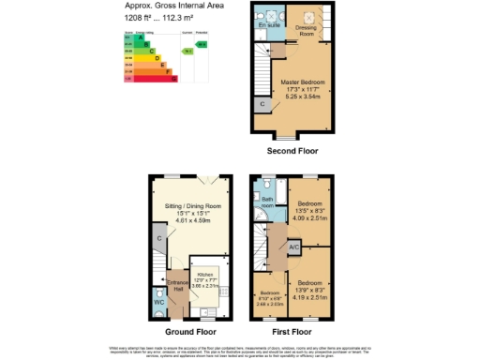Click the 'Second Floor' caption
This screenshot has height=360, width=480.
pos(292,150)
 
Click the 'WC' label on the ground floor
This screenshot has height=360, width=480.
pos(157,301)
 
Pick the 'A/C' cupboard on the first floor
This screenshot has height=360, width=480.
pos(293,247)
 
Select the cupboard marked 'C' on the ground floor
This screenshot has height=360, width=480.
pos(160,238)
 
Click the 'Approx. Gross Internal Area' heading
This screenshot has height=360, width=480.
pos(174,7)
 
